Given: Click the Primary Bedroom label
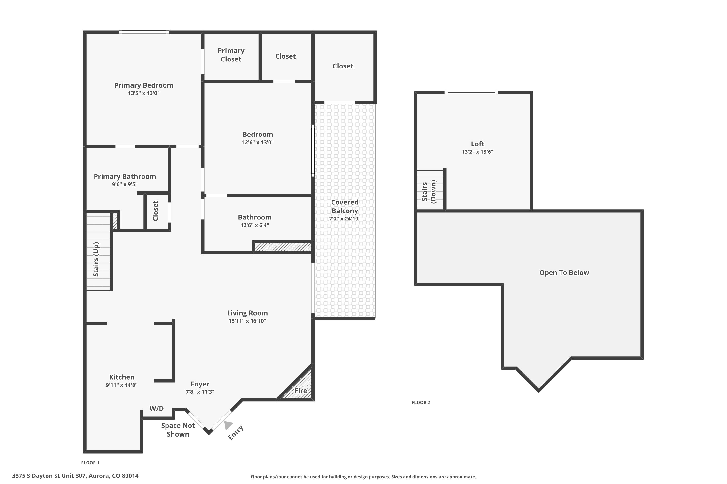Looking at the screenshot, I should (143, 85).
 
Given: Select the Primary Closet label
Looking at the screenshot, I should (231, 55).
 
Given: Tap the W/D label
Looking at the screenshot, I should (156, 409).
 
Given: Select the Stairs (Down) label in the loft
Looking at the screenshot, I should (429, 192).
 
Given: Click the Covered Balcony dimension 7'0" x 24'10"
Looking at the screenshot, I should (344, 219).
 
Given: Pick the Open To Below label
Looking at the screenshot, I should (564, 272).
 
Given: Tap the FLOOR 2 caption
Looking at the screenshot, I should (421, 402).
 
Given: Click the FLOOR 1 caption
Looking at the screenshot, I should (90, 463).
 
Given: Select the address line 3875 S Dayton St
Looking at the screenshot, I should (75, 476).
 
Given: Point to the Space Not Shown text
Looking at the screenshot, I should (178, 430).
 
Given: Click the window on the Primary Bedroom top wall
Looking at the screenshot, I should (144, 32).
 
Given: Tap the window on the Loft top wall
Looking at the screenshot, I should (471, 92).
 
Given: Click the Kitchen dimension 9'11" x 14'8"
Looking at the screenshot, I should (121, 385).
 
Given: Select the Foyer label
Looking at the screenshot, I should (200, 384).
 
